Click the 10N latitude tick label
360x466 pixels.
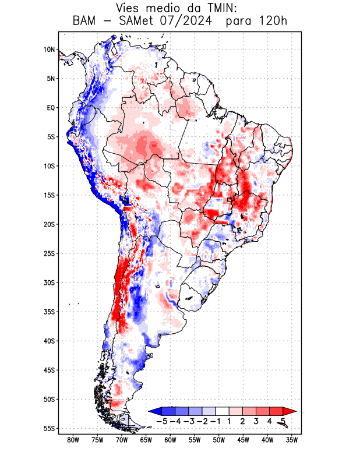[x=49, y=50]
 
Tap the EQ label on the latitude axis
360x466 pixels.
[x=50, y=108]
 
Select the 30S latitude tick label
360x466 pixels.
[x=49, y=283]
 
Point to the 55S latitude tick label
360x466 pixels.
[x=49, y=429]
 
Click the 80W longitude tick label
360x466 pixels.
[x=73, y=440]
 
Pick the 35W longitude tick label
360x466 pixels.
[x=291, y=440]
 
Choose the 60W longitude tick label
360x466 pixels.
[x=170, y=440]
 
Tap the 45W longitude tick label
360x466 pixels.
[x=243, y=440]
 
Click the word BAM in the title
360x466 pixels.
[x=86, y=22]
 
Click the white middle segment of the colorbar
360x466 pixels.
[x=223, y=411]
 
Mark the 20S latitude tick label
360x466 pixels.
[x=49, y=224]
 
